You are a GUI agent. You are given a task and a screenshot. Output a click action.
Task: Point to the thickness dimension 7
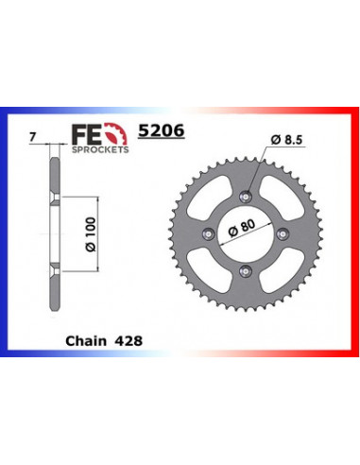(x=33, y=138)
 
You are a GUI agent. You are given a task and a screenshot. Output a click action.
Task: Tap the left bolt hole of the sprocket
(x=209, y=232)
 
